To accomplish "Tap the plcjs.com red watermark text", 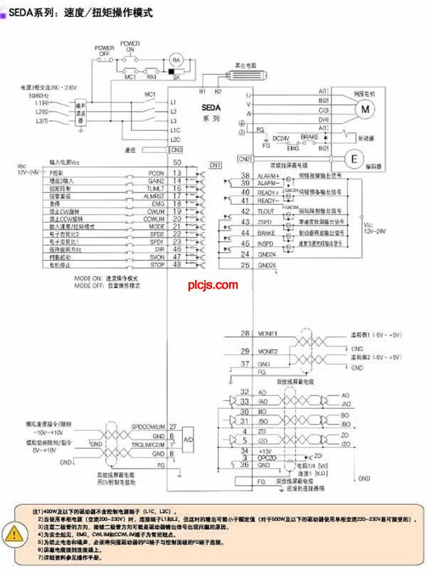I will click(213, 285).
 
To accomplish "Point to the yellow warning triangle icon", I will click(13, 533).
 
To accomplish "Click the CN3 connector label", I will click(176, 149).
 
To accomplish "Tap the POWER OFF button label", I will click(104, 50).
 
